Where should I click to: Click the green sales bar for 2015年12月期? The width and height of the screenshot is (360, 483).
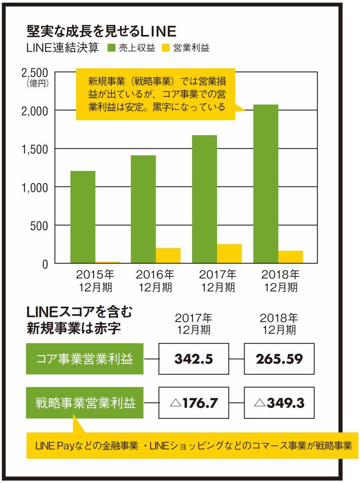(83, 217)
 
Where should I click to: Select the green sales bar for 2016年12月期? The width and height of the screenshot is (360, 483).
(143, 209)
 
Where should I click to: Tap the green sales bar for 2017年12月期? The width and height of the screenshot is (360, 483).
(204, 199)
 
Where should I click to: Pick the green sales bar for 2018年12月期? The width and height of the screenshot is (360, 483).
(266, 184)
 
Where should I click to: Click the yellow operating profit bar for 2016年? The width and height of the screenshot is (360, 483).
(168, 256)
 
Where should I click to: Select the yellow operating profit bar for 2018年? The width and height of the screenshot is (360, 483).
(291, 257)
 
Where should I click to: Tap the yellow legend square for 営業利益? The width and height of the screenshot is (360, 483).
(165, 49)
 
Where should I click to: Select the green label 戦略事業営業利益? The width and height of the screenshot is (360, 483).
(85, 403)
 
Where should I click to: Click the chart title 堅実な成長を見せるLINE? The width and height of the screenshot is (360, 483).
(101, 31)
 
